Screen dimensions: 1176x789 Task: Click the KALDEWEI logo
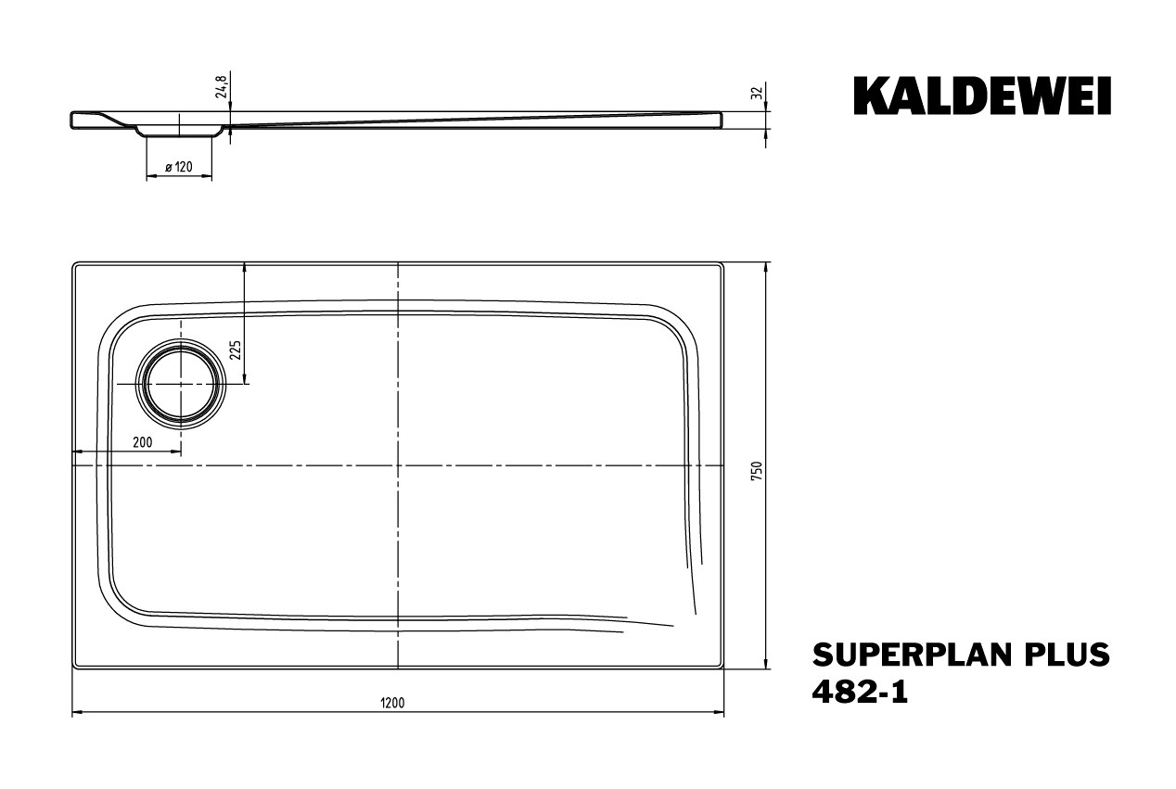[982, 96]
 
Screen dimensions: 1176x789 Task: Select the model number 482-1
[860, 692]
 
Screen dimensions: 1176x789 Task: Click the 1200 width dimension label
[392, 703]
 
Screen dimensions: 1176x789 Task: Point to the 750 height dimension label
[757, 472]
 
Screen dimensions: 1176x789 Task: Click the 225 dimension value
[236, 350]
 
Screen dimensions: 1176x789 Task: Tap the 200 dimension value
[142, 442]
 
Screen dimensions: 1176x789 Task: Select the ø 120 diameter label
[178, 168]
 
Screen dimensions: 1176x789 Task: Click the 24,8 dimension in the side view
[221, 86]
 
